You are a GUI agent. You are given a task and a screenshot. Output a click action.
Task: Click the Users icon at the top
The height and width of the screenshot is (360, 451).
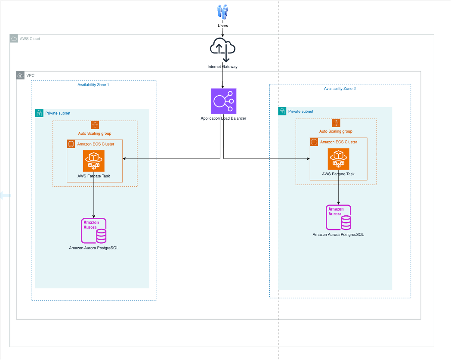pyautogui.click(x=222, y=11)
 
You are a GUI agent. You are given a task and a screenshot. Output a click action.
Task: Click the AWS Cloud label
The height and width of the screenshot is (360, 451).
pyautogui.click(x=30, y=39)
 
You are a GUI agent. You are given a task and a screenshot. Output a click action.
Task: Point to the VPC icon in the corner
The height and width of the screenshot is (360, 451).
pyautogui.click(x=20, y=75)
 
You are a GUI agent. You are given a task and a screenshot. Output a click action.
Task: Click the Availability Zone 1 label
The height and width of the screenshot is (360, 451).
pyautogui.click(x=93, y=85)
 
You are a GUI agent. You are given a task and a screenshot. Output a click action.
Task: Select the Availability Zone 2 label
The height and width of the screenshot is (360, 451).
pyautogui.click(x=340, y=89)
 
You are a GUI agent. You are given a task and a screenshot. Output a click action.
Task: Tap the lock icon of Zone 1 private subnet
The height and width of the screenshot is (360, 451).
pyautogui.click(x=39, y=113)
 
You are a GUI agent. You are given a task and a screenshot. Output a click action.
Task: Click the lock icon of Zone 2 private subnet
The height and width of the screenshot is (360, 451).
pyautogui.click(x=282, y=112)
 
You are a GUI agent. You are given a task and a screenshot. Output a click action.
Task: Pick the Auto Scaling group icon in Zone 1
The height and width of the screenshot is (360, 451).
pyautogui.click(x=95, y=125)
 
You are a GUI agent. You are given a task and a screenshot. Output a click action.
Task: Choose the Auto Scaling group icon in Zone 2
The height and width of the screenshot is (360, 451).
pyautogui.click(x=336, y=123)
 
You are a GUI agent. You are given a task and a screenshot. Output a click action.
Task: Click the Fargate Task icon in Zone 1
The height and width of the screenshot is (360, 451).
pyautogui.click(x=94, y=161)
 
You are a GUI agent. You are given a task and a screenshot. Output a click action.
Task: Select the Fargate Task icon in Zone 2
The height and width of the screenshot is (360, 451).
pyautogui.click(x=338, y=159)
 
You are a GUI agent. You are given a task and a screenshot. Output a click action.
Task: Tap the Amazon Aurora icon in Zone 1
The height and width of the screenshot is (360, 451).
pyautogui.click(x=94, y=230)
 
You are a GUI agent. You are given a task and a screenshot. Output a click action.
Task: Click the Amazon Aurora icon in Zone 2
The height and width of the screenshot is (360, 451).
pyautogui.click(x=338, y=217)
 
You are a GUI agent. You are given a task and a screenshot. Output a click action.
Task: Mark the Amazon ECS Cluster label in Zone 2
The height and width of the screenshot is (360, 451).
pyautogui.click(x=338, y=142)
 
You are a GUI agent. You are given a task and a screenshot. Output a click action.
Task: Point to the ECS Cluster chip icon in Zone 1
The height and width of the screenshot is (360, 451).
pyautogui.click(x=71, y=144)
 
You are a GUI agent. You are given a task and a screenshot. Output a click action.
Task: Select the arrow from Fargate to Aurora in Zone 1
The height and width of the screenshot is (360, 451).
pyautogui.click(x=94, y=198)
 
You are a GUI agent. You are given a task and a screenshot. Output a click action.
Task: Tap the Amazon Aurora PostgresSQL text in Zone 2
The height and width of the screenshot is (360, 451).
pyautogui.click(x=338, y=235)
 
